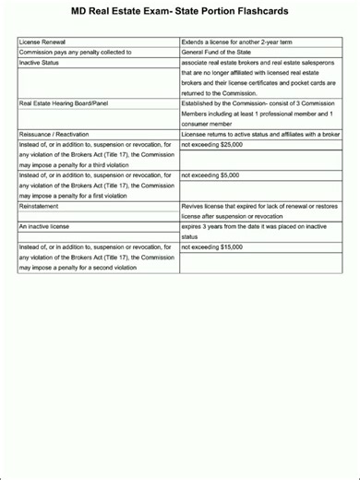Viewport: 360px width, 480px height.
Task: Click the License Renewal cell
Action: tap(42, 42)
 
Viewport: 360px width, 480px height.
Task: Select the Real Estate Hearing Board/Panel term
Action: tap(65, 103)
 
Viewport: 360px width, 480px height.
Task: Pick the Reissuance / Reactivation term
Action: tap(58, 134)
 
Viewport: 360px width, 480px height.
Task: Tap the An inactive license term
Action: tap(44, 226)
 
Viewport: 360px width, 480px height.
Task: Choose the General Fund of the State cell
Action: tap(223, 53)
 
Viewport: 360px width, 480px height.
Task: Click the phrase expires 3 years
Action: tap(206, 226)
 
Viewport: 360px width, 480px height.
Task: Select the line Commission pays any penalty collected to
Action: tap(76, 53)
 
